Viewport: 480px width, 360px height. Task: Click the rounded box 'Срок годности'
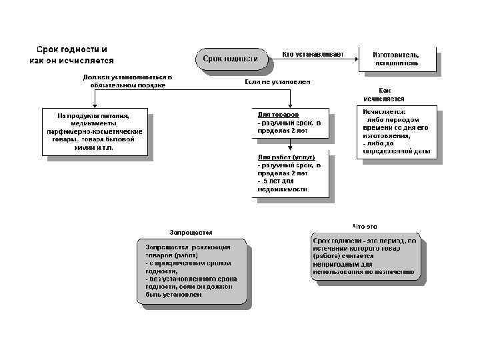pyautogui.click(x=230, y=58)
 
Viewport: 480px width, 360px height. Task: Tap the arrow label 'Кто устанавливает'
pyautogui.click(x=313, y=54)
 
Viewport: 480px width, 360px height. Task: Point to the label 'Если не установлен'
pyautogui.click(x=277, y=81)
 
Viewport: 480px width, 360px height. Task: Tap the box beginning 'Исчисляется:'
pyautogui.click(x=396, y=131)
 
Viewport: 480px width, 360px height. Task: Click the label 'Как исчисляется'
pyautogui.click(x=393, y=94)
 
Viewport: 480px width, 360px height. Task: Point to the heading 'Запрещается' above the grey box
pyautogui.click(x=191, y=232)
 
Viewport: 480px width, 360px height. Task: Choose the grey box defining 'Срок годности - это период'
pyautogui.click(x=365, y=256)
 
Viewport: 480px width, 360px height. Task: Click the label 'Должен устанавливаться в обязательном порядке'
pyautogui.click(x=127, y=81)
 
